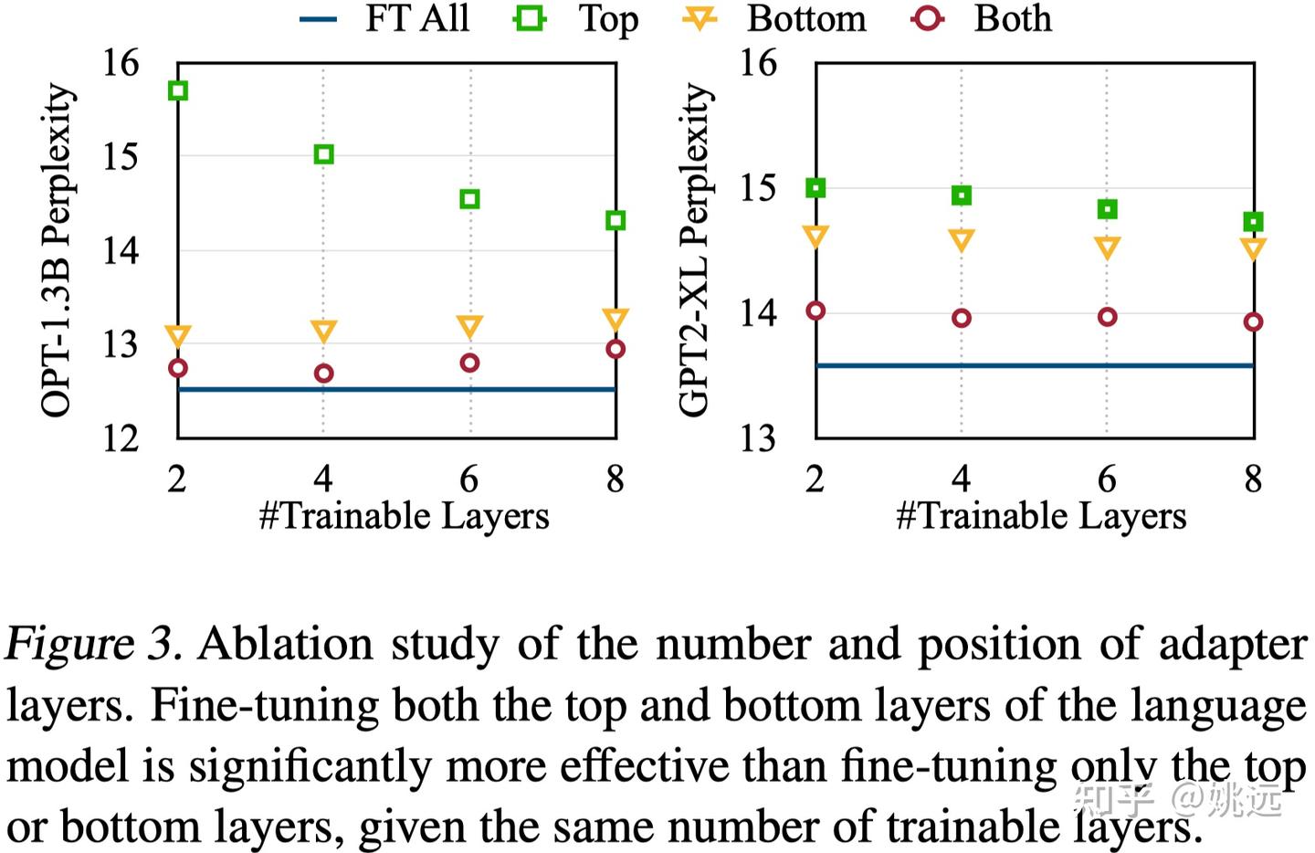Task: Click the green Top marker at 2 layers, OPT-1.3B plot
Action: (178, 90)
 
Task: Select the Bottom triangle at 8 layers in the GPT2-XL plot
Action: (1253, 248)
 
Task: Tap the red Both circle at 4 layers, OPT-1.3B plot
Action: (323, 373)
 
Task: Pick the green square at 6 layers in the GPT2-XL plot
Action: (1107, 209)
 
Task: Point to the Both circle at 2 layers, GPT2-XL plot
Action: (815, 311)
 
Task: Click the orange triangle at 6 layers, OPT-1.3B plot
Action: (469, 326)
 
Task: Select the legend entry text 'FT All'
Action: (416, 18)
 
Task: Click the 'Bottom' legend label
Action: (806, 18)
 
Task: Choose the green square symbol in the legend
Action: (530, 18)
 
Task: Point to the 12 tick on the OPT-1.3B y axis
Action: (121, 439)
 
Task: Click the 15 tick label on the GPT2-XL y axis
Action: (758, 188)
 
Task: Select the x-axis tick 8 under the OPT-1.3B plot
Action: (615, 478)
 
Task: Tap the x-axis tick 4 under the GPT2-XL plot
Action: (961, 478)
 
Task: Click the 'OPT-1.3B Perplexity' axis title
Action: (57, 250)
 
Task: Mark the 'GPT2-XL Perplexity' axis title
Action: (694, 250)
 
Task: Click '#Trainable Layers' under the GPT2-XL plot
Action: (1041, 516)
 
